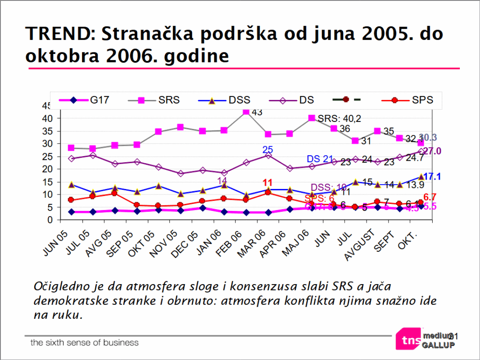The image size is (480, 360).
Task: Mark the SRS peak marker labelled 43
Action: coord(246,112)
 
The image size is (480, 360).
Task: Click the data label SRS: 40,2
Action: coord(339,118)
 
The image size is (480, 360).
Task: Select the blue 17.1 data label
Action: coord(433,177)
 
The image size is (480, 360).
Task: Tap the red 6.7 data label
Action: coord(430,197)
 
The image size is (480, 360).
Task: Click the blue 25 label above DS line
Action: coord(267,150)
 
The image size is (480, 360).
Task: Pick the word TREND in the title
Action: coord(57,34)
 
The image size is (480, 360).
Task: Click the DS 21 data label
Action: coord(320,159)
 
